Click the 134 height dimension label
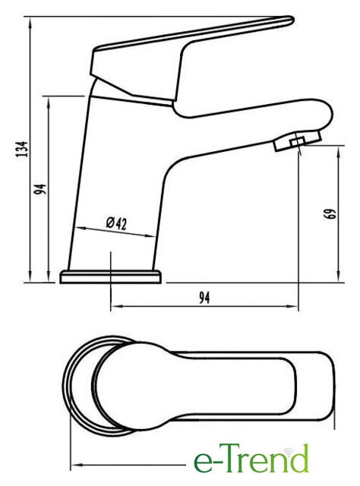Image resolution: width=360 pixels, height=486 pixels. pos(22,149)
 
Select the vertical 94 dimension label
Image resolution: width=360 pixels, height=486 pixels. pos(40,189)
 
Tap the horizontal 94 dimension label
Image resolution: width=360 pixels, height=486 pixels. pos(204,298)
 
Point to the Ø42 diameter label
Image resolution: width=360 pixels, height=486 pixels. pos(116,222)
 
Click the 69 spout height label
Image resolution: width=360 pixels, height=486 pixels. pos(331,213)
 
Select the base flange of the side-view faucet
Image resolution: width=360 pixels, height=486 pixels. pos(111,276)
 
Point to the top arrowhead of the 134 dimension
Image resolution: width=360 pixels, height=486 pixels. pos(30,22)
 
